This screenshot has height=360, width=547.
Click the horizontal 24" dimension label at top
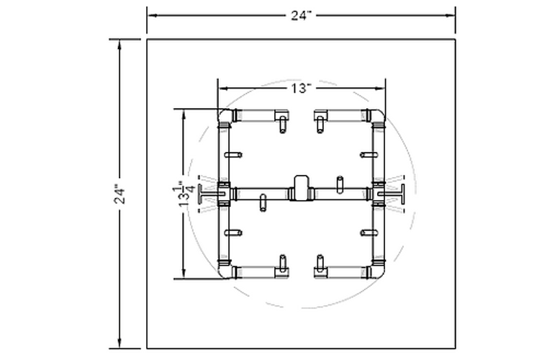(301, 16)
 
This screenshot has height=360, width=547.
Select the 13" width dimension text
(301, 89)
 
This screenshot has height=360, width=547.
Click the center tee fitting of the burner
(301, 189)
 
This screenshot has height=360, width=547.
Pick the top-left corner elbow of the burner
(225, 116)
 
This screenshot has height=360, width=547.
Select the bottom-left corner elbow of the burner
(225, 271)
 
